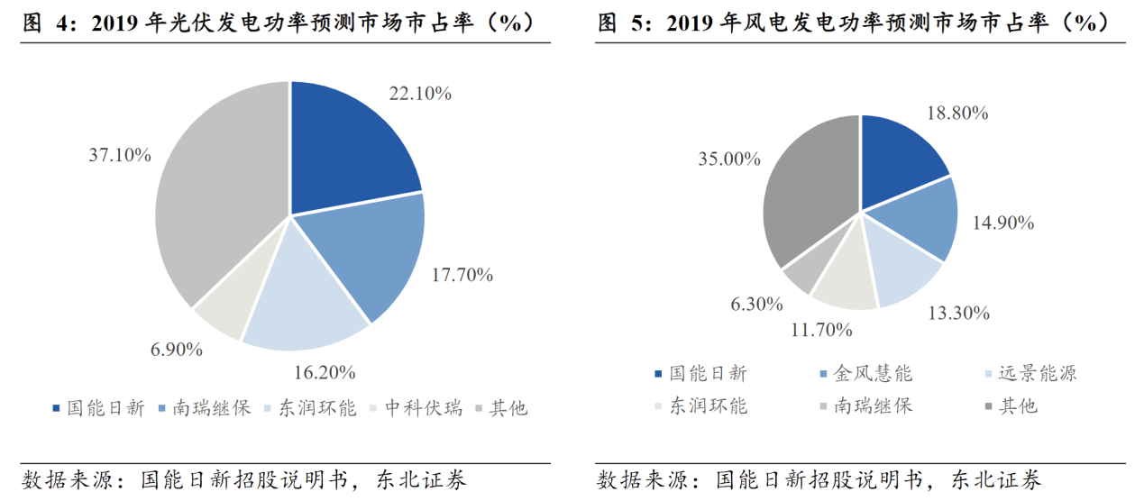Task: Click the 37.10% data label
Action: pos(119,155)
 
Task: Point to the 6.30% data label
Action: pos(756,304)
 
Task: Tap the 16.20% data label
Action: pos(325,371)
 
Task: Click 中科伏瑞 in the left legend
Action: pos(423,408)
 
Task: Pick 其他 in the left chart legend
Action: pos(508,408)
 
